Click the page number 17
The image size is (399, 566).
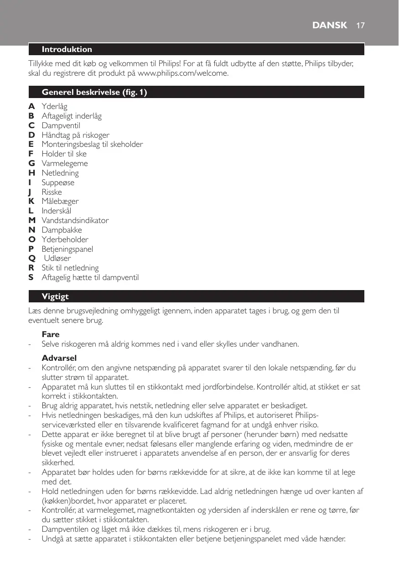(360, 25)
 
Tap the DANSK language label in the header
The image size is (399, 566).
(329, 25)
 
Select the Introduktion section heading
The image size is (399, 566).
(67, 49)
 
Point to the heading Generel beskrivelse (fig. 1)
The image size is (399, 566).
(94, 92)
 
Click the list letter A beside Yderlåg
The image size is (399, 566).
(31, 106)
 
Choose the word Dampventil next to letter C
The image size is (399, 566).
(61, 125)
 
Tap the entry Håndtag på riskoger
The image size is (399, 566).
(75, 135)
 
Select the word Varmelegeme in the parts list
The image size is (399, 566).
(65, 163)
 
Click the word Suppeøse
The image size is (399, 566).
(58, 182)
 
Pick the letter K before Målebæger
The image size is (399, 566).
(31, 201)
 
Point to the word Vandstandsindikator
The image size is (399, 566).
(75, 220)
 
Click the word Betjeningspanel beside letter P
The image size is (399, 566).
(67, 249)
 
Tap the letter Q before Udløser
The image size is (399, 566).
(31, 258)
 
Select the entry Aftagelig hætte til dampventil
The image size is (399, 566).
(90, 277)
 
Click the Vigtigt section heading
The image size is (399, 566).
(55, 296)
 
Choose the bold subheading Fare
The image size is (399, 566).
(51, 334)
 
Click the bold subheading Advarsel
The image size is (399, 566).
(59, 357)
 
